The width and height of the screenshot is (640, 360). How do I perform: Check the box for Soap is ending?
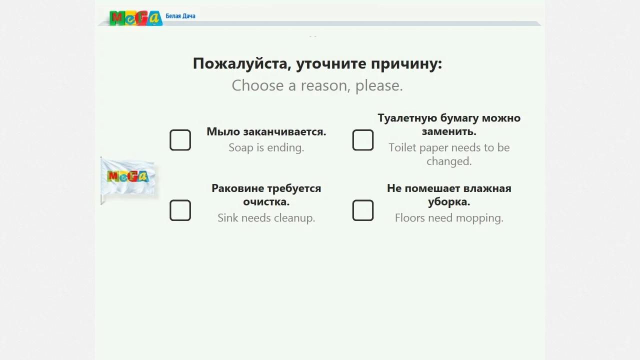pyautogui.click(x=180, y=140)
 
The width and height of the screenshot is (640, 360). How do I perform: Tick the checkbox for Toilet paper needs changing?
pyautogui.click(x=363, y=140)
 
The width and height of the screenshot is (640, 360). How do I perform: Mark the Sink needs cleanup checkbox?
pyautogui.click(x=180, y=210)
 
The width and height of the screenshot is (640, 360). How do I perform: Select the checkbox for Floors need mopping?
pyautogui.click(x=363, y=210)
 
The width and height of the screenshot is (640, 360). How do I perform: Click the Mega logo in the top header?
pyautogui.click(x=135, y=18)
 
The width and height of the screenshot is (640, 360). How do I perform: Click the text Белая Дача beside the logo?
pyautogui.click(x=180, y=16)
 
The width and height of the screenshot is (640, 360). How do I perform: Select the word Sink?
pyautogui.click(x=227, y=218)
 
